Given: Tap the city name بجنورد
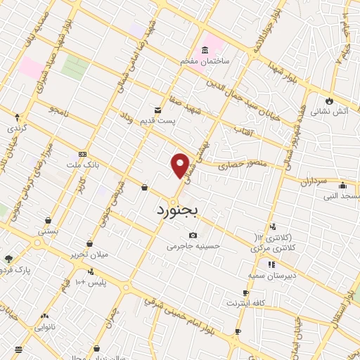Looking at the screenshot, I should pos(177,210).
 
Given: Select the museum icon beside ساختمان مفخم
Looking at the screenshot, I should pos(205,51).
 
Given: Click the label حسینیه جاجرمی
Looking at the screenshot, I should pos(193,246).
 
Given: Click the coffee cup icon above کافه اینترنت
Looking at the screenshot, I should pos(245,292).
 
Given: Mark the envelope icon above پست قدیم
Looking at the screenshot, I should pos(157,110).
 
